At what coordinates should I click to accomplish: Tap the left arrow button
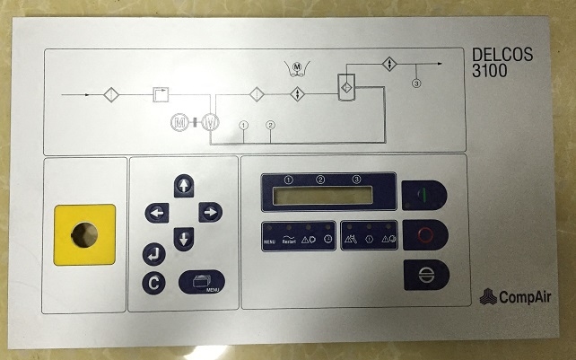tap(157, 213)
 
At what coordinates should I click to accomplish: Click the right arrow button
tap(211, 213)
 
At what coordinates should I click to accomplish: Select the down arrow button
tap(184, 239)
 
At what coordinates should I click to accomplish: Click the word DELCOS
tap(502, 56)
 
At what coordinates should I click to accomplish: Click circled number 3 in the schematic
tap(415, 83)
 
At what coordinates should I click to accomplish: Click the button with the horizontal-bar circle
tap(424, 274)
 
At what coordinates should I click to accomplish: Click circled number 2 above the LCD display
tap(320, 180)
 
